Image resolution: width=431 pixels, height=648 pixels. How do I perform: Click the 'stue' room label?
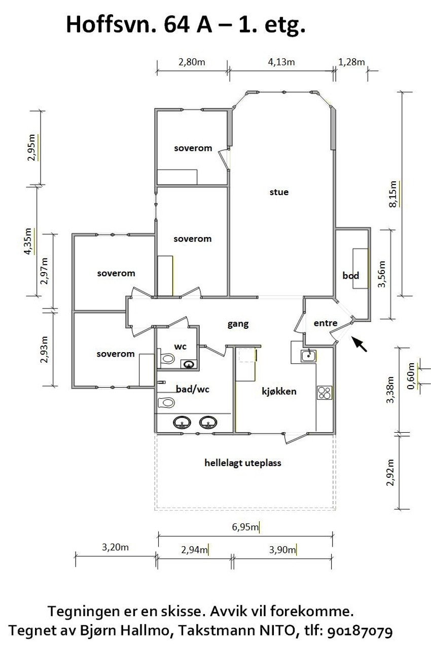(x=279, y=192)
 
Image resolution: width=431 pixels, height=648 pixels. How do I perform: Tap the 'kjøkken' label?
(x=279, y=392)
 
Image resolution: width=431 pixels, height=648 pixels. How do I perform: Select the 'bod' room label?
(x=350, y=276)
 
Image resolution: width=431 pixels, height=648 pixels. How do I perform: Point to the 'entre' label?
(x=326, y=323)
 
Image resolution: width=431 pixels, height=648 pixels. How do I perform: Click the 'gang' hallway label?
(x=238, y=324)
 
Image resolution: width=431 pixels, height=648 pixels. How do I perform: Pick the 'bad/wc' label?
(x=193, y=390)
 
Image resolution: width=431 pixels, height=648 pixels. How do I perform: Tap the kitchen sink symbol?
(x=308, y=356)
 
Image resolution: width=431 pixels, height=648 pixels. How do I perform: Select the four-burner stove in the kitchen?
(x=324, y=393)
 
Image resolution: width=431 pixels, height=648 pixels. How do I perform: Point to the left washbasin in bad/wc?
(x=182, y=423)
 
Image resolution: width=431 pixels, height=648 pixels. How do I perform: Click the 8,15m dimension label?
(x=393, y=194)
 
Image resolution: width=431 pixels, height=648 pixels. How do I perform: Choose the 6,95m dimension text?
(x=245, y=527)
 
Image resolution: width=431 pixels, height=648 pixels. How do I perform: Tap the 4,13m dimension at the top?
(x=281, y=62)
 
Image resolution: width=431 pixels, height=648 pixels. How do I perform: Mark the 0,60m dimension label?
(x=411, y=376)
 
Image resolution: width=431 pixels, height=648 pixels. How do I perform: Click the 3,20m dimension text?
(x=115, y=547)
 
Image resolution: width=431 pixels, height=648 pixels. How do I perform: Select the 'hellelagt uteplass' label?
(x=243, y=463)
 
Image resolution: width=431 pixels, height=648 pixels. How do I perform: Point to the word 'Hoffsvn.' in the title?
(x=112, y=25)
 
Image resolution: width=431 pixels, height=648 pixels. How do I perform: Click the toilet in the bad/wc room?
(x=166, y=402)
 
